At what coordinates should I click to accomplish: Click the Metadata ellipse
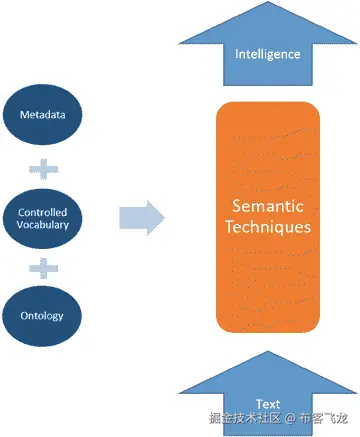(41, 115)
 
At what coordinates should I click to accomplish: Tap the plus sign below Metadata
(41, 165)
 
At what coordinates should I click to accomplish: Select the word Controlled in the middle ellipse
(41, 210)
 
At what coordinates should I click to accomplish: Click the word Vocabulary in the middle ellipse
(41, 224)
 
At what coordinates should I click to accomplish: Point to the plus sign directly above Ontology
(41, 267)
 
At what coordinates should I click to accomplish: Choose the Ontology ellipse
(41, 316)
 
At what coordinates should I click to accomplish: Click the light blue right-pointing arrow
(141, 218)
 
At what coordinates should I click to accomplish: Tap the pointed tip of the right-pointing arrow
(164, 218)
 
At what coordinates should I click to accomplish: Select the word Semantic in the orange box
(268, 206)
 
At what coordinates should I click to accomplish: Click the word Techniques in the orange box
(268, 227)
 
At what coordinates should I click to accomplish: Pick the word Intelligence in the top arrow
(268, 53)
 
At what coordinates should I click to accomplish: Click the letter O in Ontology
(24, 316)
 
